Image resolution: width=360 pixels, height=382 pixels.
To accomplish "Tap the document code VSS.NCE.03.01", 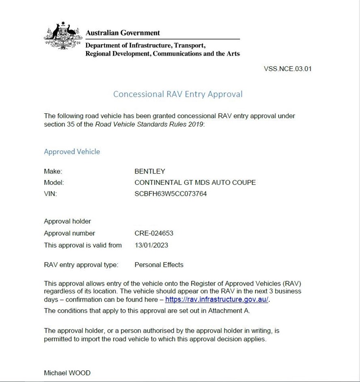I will tap(287, 69).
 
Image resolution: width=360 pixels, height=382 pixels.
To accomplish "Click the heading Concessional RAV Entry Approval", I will tap(178, 94).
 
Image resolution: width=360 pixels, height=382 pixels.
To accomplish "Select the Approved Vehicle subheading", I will tap(72, 152).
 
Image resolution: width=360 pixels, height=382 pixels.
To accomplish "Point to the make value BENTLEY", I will tap(150, 171).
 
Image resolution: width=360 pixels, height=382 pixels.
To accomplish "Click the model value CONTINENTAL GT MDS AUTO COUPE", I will tap(195, 182).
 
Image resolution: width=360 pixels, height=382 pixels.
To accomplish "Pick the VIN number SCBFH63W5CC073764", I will tap(170, 194).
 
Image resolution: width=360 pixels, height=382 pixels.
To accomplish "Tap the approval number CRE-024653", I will tap(154, 233).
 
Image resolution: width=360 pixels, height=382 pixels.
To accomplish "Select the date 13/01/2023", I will tap(151, 245).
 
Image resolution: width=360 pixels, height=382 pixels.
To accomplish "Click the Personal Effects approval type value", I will tap(159, 265).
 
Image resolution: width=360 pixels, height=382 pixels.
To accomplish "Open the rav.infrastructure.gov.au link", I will tap(216, 300).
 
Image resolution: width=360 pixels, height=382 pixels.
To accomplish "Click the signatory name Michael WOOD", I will tap(67, 373).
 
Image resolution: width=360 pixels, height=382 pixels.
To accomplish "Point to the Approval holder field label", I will tap(67, 221).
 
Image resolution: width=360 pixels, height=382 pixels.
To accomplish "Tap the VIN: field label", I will tap(50, 194).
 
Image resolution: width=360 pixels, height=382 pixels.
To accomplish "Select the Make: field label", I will tap(53, 171).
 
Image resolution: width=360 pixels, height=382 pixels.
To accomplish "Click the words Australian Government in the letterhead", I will tap(123, 33).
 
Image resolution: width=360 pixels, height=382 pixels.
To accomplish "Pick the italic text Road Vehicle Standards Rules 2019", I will tap(150, 124).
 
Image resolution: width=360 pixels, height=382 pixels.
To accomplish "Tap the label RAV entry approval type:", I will tap(81, 265).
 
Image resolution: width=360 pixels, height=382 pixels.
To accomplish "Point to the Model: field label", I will tap(54, 182).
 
